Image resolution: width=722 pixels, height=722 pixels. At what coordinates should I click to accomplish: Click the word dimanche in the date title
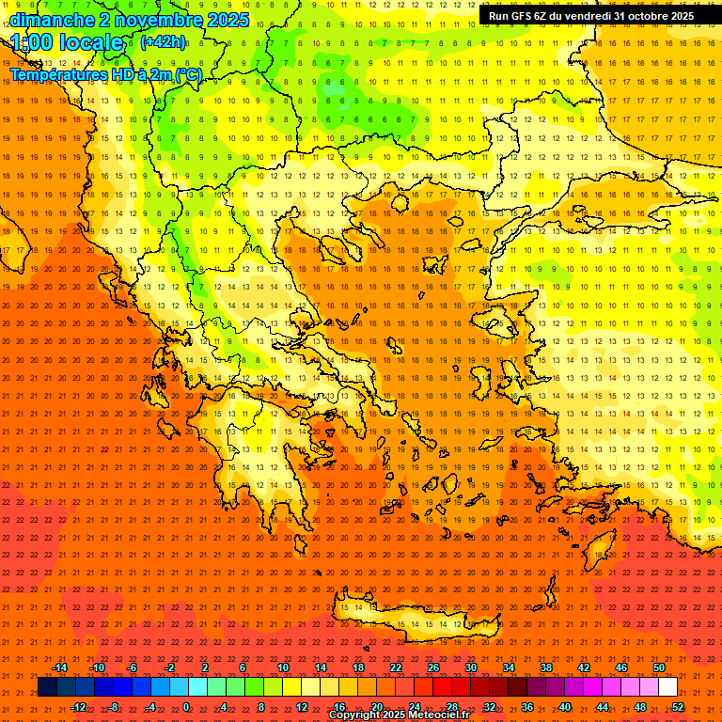(x=52, y=20)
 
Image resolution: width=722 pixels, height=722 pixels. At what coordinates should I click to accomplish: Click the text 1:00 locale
(x=67, y=42)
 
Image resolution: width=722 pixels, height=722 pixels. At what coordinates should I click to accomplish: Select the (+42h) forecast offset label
(x=163, y=42)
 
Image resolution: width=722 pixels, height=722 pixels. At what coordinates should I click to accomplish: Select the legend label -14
(x=59, y=667)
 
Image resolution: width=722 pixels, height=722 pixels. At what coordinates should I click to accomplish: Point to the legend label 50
(x=659, y=667)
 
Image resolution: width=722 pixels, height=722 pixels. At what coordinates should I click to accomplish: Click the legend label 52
(x=678, y=706)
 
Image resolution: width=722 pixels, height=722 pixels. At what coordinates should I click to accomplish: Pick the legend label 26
(x=433, y=667)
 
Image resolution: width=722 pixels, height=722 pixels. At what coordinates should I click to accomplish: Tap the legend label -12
(x=78, y=706)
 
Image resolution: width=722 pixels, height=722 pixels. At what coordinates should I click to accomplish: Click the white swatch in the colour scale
(x=667, y=687)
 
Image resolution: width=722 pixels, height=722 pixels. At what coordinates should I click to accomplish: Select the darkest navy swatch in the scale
(x=47, y=687)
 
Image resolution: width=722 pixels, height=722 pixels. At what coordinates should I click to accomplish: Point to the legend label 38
(x=546, y=667)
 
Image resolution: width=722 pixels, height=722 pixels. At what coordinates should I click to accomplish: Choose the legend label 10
(x=283, y=667)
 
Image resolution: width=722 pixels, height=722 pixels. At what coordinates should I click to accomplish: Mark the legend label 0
(x=186, y=706)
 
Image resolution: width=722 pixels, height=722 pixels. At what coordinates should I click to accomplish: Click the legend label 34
(x=509, y=667)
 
